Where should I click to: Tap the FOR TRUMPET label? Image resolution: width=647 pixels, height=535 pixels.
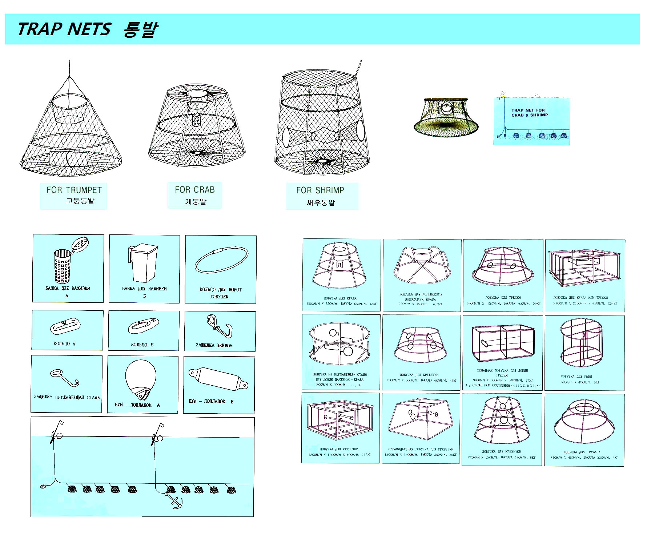(x=74, y=190)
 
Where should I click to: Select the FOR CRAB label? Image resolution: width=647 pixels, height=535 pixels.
(x=194, y=190)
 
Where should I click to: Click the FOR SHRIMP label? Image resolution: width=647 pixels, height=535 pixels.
(x=320, y=190)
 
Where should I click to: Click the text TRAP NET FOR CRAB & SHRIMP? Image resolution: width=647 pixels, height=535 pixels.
(x=529, y=112)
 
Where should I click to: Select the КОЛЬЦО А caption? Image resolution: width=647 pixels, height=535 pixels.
(x=64, y=344)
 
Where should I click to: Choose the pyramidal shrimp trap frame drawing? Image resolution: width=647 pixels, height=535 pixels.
(x=421, y=418)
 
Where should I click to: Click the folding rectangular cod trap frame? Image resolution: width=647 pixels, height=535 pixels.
(x=502, y=343)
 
